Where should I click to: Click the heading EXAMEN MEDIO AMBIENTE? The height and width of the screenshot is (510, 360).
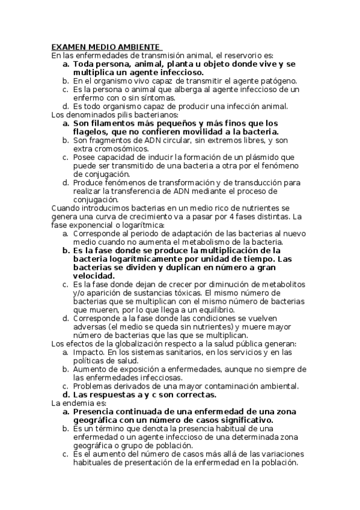105,46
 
